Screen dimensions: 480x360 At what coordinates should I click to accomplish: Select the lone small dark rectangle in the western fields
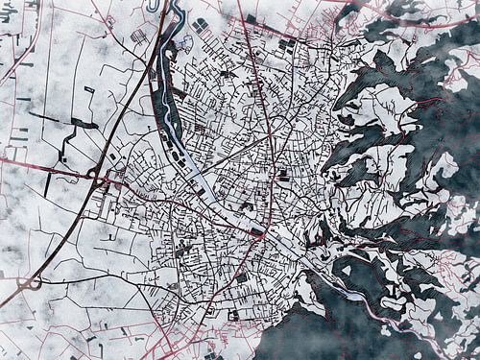(x=86, y=88)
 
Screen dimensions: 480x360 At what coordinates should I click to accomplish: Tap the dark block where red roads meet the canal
(x=257, y=230)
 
